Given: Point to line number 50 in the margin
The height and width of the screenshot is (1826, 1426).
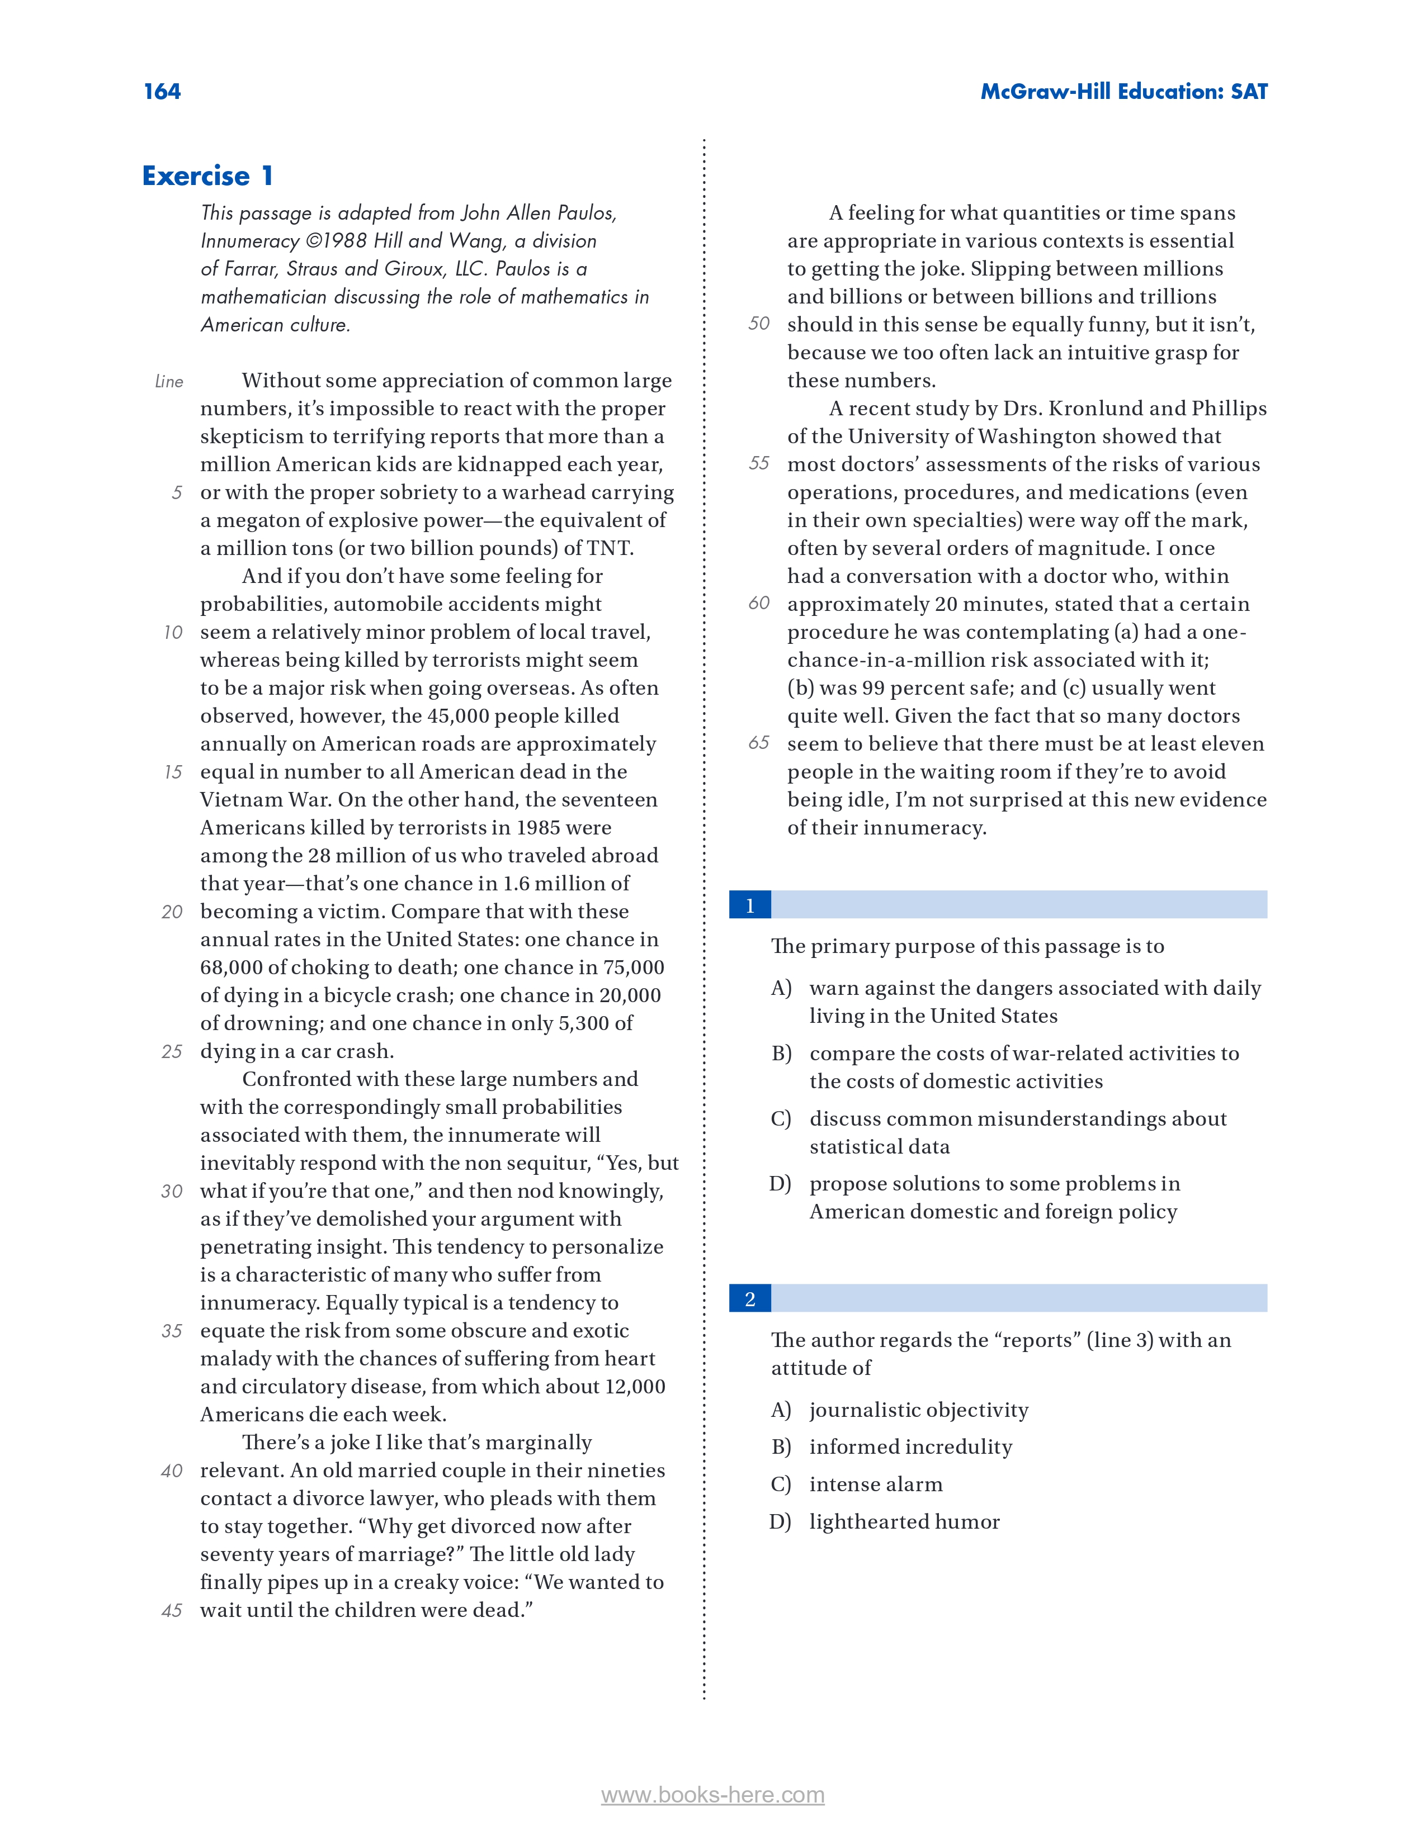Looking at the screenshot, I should point(759,324).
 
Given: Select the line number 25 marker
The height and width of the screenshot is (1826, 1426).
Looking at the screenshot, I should point(172,1051).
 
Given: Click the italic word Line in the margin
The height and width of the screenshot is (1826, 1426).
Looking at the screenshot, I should point(169,381).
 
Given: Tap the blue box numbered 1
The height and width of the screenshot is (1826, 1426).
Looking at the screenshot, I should point(749,905).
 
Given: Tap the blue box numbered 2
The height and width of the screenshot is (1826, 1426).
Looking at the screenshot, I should point(749,1298).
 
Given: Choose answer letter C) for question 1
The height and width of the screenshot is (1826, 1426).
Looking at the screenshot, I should point(780,1118).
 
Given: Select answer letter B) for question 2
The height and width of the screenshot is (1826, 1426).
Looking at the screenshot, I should point(780,1447).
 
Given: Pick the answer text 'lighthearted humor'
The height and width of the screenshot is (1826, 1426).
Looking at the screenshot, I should point(904,1521).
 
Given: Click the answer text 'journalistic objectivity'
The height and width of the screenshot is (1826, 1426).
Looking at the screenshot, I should point(918,1410).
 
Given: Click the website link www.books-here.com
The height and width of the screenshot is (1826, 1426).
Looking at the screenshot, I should point(712,1795).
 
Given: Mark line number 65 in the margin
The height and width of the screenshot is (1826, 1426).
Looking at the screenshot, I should point(759,742).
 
